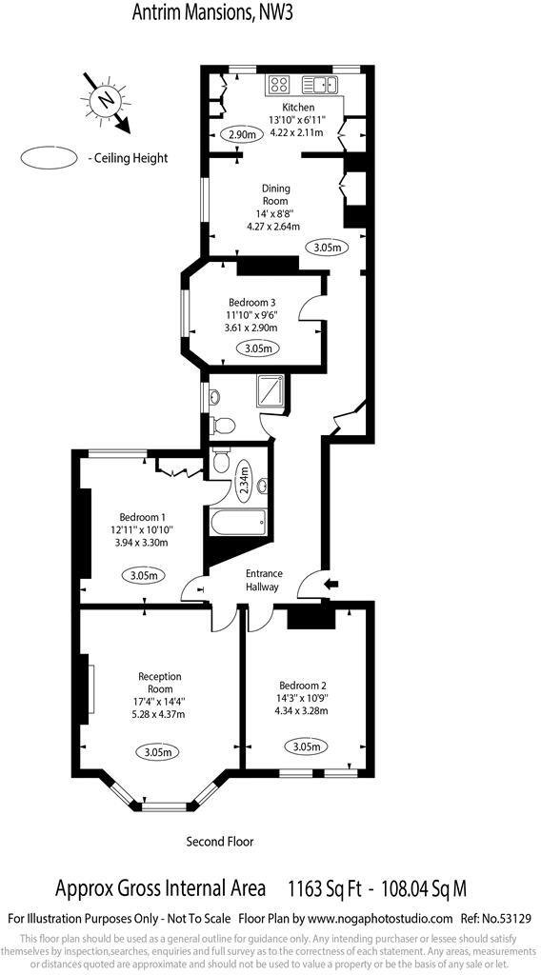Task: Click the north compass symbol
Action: coord(104,98)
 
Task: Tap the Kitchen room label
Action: coord(297,108)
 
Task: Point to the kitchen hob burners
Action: coord(281,83)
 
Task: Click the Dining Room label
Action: coord(276,194)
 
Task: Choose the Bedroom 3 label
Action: coord(251,303)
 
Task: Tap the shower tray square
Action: coord(272,392)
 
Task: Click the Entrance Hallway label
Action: coord(264,580)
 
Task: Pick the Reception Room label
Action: coord(158,682)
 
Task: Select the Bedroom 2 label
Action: coord(302,685)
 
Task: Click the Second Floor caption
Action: coord(220,842)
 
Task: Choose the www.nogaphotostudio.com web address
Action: coord(379,918)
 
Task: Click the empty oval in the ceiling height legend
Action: coord(50,158)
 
